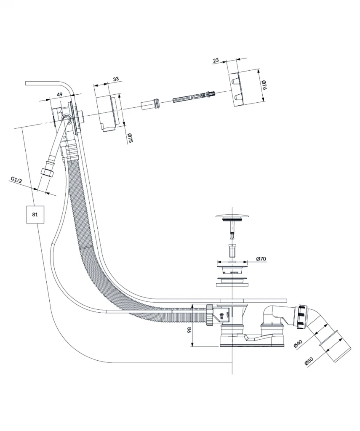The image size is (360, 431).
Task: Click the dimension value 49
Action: coord(59,94)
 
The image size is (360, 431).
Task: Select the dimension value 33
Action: coord(116,79)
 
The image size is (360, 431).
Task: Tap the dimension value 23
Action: coord(216,61)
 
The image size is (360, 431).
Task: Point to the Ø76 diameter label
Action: coord(264,85)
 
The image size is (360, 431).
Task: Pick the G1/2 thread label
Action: coord(16,179)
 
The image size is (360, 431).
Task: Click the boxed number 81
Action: coord(35,214)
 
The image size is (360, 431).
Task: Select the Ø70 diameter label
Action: coord(261,259)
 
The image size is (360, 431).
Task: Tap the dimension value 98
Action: coord(189,330)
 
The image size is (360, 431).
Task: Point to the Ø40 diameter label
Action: coord(298,344)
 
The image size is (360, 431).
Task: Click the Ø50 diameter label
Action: coord(309,361)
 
